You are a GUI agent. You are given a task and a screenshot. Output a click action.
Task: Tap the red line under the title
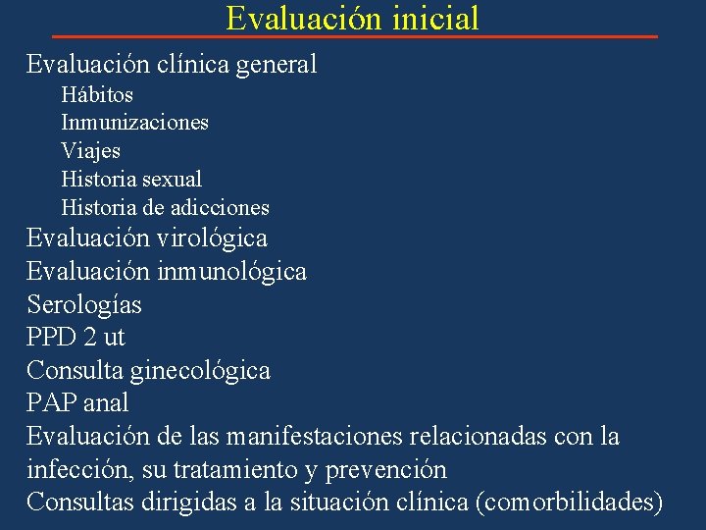[x=353, y=36]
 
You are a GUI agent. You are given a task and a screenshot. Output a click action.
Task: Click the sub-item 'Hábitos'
[x=97, y=95]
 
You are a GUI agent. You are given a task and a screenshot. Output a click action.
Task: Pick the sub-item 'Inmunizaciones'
[x=134, y=123]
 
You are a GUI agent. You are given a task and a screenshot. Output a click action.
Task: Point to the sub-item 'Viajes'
[x=91, y=151]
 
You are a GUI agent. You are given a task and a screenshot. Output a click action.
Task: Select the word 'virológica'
[x=210, y=238]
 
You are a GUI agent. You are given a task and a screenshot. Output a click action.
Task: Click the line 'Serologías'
[x=84, y=304]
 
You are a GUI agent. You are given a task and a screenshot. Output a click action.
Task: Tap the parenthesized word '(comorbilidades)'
[x=569, y=503]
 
